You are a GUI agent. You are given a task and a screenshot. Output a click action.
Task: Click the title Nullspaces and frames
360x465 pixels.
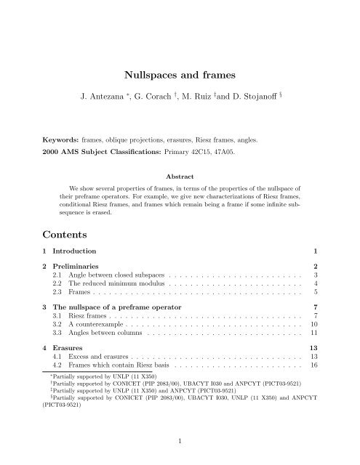[x=180, y=73]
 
